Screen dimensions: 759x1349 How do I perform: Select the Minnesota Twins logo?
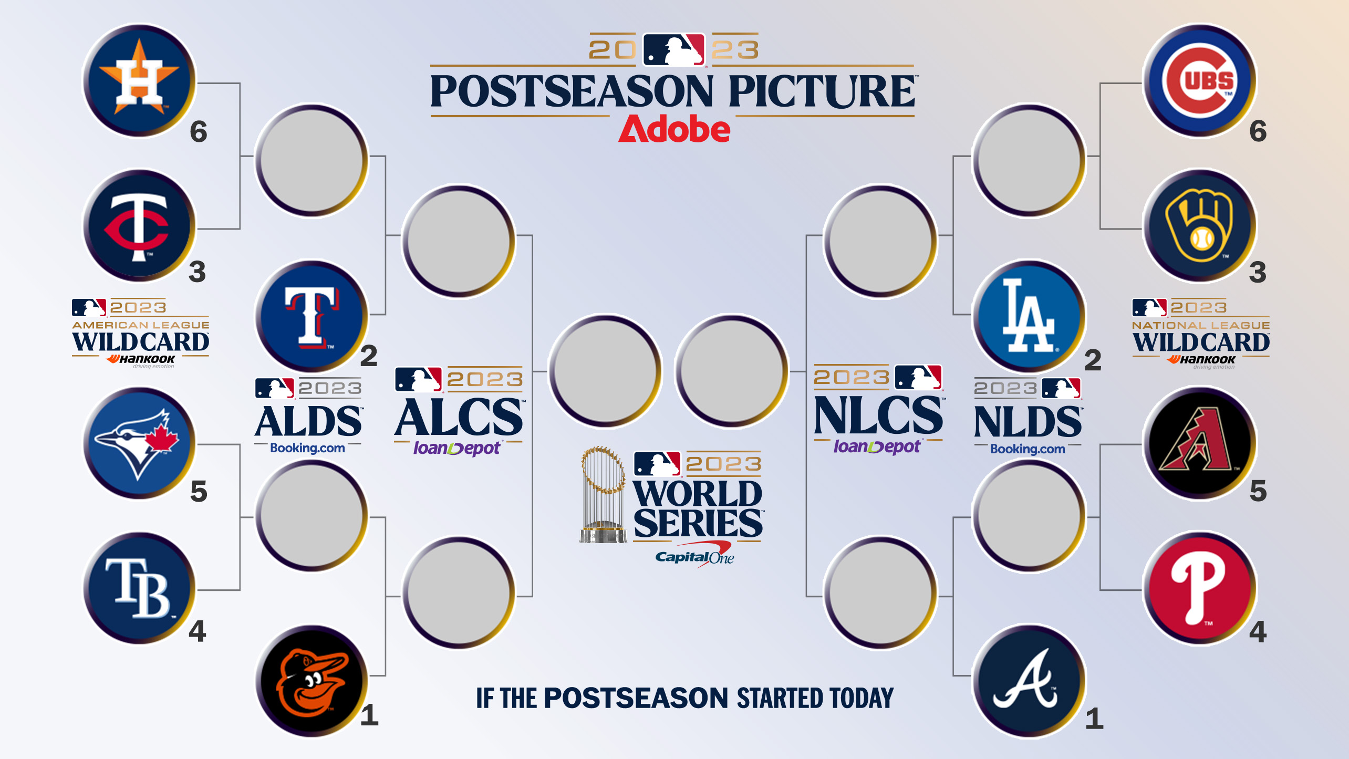click(x=139, y=226)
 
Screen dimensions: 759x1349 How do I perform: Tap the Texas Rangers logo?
click(x=312, y=317)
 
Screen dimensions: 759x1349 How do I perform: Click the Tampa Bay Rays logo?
click(x=139, y=588)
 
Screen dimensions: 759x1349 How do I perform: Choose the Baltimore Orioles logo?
click(x=312, y=681)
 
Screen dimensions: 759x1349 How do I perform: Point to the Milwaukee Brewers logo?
click(x=1200, y=226)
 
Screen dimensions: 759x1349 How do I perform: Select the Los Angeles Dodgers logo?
click(x=1029, y=317)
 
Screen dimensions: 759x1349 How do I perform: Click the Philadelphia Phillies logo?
click(x=1200, y=588)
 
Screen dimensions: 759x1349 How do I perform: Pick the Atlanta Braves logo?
click(x=1029, y=681)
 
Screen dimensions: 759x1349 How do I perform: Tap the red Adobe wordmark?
click(x=674, y=129)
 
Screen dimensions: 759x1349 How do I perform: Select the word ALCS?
click(x=459, y=418)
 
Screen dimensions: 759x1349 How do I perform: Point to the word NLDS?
click(x=1028, y=422)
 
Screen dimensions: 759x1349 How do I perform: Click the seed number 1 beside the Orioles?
click(x=369, y=715)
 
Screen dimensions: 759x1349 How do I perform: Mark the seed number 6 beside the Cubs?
click(x=1258, y=131)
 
